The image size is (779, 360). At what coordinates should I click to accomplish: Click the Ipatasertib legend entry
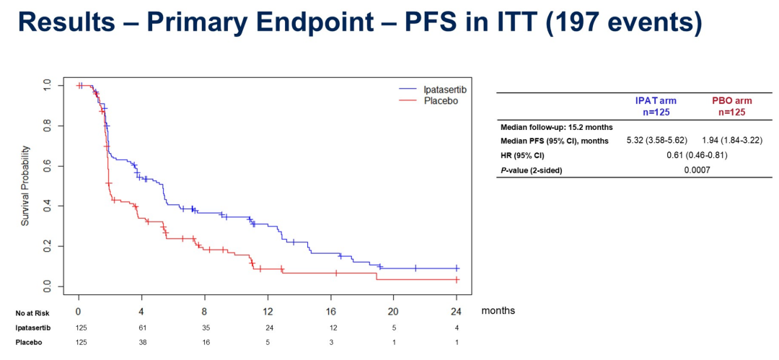pyautogui.click(x=433, y=88)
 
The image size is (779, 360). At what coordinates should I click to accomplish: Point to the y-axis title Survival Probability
pyautogui.click(x=25, y=187)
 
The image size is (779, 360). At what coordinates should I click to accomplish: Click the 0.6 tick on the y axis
pyautogui.click(x=48, y=167)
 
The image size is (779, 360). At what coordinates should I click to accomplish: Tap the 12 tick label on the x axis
pyautogui.click(x=268, y=312)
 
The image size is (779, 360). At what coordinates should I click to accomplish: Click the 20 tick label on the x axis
pyautogui.click(x=394, y=312)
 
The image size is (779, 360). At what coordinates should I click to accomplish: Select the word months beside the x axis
pyautogui.click(x=498, y=311)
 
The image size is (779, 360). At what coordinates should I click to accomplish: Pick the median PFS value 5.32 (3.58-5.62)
pyautogui.click(x=651, y=141)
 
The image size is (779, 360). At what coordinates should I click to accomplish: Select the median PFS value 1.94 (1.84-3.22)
pyautogui.click(x=732, y=141)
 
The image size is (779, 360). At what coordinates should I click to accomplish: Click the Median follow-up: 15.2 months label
pyautogui.click(x=556, y=127)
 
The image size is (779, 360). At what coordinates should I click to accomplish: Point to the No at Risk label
pyautogui.click(x=32, y=312)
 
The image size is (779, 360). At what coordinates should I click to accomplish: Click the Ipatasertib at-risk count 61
pyautogui.click(x=142, y=327)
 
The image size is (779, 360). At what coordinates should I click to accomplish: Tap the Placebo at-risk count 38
pyautogui.click(x=142, y=342)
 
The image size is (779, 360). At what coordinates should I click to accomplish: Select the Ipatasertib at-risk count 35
pyautogui.click(x=205, y=327)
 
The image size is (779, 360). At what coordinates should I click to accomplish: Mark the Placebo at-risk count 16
pyautogui.click(x=205, y=342)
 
